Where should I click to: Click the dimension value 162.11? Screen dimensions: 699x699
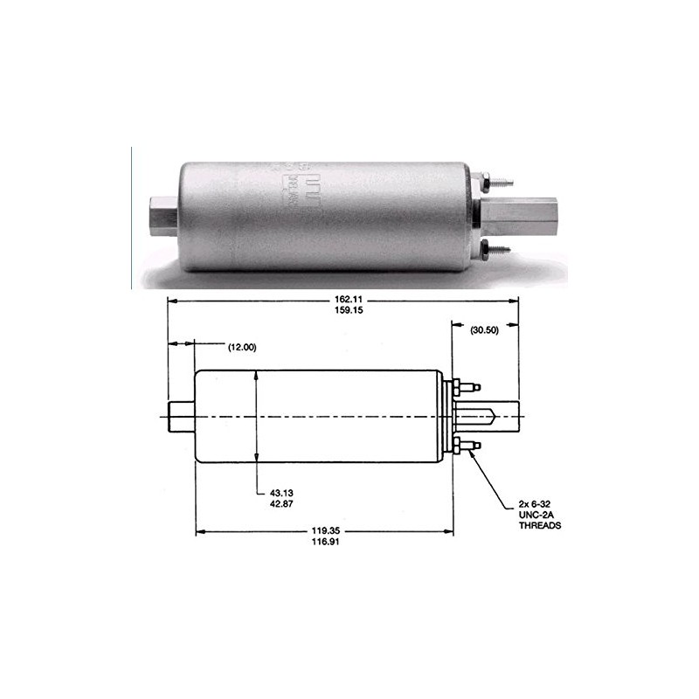tap(343, 298)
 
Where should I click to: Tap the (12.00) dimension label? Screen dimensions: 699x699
tap(241, 347)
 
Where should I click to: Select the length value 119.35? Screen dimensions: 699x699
tap(324, 529)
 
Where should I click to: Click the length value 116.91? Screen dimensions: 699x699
tap(324, 543)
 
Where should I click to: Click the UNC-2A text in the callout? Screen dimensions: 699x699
tap(535, 516)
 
